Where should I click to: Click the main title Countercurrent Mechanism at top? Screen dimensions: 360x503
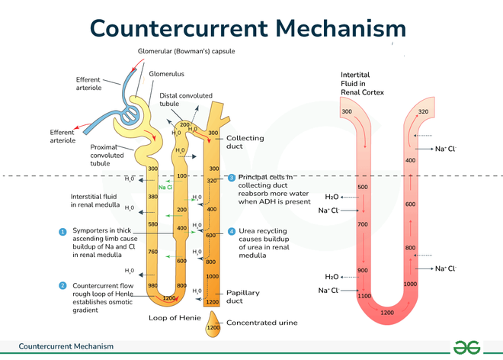coord(248,27)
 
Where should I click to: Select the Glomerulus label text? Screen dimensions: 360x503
coord(166,74)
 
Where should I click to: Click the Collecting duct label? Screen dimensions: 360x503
coord(245,143)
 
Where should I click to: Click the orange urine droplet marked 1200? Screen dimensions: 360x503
coord(213,327)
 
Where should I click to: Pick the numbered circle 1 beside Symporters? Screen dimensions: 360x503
coord(62,231)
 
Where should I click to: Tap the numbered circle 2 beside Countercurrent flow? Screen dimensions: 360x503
coord(62,285)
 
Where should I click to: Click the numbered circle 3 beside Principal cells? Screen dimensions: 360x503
coord(232,178)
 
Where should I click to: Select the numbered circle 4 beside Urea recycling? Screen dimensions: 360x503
coord(232,231)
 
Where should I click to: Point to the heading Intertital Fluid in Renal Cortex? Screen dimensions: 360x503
coord(362,82)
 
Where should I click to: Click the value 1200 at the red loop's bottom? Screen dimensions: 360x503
coord(387,313)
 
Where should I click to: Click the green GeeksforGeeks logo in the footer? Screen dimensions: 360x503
coord(466,346)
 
